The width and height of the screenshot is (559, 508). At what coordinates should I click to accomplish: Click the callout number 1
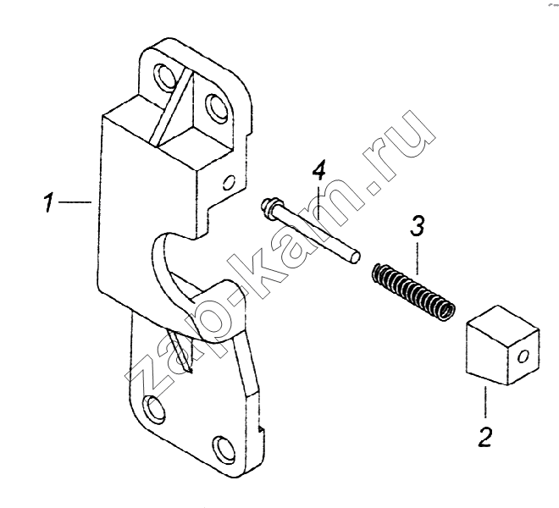coord(47,202)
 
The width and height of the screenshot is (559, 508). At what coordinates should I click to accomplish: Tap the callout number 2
coord(484,436)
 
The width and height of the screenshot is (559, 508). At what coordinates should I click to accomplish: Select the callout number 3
coord(418,227)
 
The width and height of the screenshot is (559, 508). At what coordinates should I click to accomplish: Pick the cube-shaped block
coord(502,345)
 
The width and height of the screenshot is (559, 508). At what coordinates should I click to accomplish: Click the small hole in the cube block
coord(523,356)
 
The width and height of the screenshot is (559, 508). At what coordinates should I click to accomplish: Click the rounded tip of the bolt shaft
coord(355,257)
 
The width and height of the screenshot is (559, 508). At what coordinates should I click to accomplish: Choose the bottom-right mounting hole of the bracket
coord(224,447)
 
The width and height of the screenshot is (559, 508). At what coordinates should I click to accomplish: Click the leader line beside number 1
coord(75,202)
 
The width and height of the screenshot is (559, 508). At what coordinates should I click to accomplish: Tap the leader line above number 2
coord(484,402)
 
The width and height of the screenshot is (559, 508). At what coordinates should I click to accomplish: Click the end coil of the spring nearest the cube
coord(446,310)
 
